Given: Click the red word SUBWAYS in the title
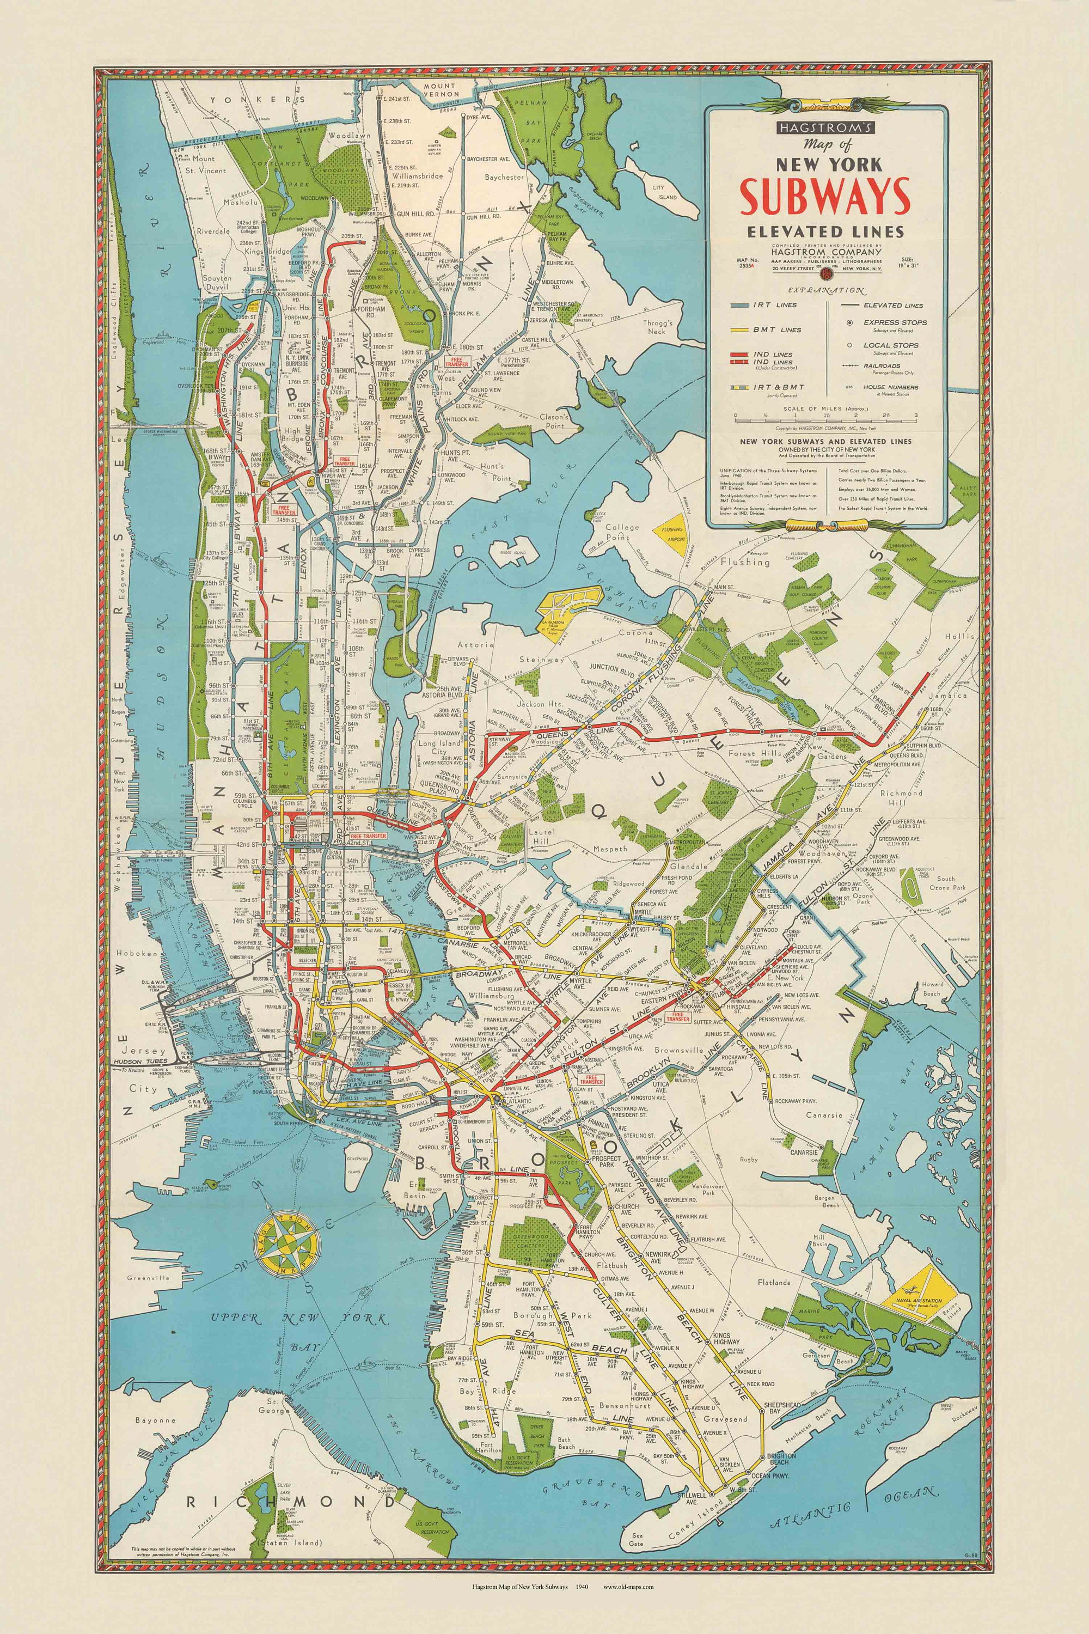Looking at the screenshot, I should click(824, 196).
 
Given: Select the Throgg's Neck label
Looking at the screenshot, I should click(653, 327).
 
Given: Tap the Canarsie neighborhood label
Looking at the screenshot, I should click(824, 1115).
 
